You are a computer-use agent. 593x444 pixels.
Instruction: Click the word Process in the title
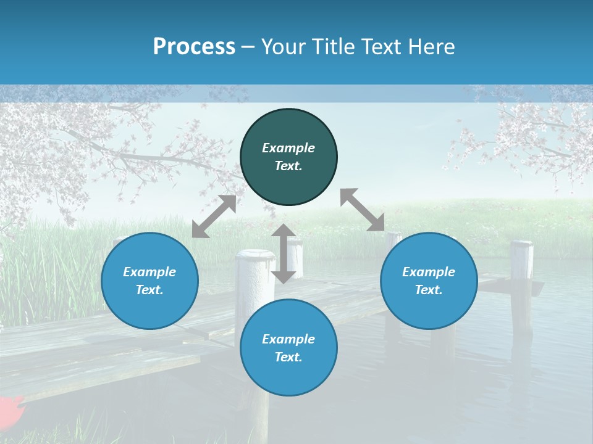point(194,47)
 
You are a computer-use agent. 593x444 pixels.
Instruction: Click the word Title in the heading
point(327,47)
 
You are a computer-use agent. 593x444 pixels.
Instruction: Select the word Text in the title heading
point(378,47)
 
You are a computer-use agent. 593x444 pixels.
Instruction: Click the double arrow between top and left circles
point(214,216)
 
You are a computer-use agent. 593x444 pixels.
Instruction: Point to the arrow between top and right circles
point(363,210)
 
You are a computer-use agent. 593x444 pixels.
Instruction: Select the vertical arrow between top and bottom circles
point(284,253)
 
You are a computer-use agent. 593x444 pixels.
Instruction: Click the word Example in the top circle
point(288,148)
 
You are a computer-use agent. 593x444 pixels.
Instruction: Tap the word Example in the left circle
point(149,272)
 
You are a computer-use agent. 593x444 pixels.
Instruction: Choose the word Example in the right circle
point(429,272)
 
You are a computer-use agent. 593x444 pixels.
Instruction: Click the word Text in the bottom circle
point(288,357)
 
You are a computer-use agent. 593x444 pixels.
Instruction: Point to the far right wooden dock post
point(521,284)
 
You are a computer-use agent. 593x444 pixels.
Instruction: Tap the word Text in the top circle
point(288,166)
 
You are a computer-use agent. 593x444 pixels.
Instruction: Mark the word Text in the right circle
point(429,290)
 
